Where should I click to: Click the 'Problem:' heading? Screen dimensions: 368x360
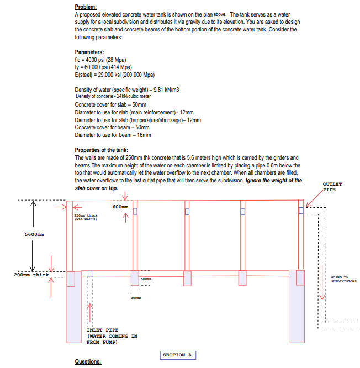(x=86, y=6)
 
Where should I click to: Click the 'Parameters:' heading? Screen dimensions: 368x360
(x=89, y=52)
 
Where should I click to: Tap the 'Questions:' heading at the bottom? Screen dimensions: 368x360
(x=88, y=362)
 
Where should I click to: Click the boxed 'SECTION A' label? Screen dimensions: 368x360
(x=177, y=355)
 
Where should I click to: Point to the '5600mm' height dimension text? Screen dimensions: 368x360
(x=34, y=234)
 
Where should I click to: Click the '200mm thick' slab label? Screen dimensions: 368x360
(x=30, y=275)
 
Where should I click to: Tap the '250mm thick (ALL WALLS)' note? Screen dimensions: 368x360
(x=86, y=217)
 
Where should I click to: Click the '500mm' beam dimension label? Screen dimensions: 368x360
(x=145, y=280)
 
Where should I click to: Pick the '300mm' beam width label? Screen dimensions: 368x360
(x=136, y=298)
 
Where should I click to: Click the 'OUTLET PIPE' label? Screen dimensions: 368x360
(x=333, y=186)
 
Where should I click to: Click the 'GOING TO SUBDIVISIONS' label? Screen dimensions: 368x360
(x=343, y=279)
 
